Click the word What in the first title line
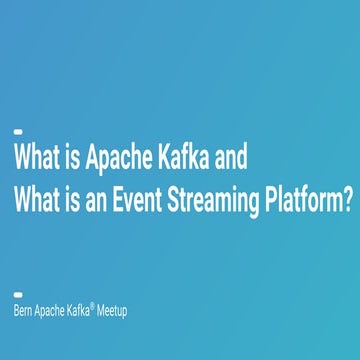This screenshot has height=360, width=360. (36, 160)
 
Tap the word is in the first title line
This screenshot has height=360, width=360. (73, 160)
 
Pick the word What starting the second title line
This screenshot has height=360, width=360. (36, 200)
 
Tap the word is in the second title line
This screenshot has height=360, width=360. (73, 200)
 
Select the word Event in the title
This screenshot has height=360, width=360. (140, 200)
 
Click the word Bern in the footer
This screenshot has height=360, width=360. (24, 311)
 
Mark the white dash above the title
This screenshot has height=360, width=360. (18, 131)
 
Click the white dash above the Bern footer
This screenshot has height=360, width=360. (18, 294)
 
